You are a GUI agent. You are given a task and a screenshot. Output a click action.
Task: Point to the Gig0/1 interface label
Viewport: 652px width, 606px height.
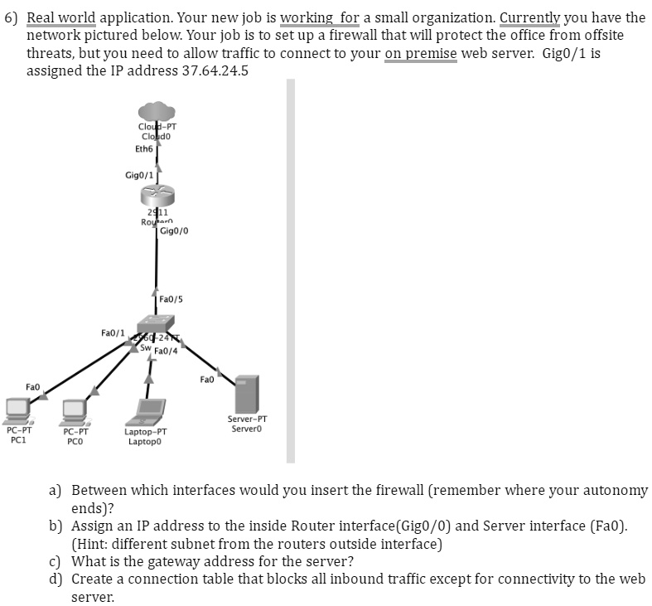pyautogui.click(x=138, y=175)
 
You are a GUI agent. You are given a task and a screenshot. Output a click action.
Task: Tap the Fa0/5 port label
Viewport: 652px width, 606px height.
pyautogui.click(x=171, y=298)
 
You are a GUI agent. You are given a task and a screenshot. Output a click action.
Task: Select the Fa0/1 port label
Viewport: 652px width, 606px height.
pyautogui.click(x=113, y=332)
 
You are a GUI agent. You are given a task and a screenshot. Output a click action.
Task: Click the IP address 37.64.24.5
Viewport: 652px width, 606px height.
pyautogui.click(x=215, y=70)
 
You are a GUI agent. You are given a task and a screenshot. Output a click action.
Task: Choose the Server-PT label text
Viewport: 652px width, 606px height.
pyautogui.click(x=247, y=419)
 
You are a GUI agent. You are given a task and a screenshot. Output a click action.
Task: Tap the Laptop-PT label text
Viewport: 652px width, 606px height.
pyautogui.click(x=145, y=432)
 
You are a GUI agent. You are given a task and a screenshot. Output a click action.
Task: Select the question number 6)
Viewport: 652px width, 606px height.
pyautogui.click(x=12, y=17)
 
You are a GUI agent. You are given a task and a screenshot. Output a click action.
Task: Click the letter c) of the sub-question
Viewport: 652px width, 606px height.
pyautogui.click(x=55, y=561)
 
